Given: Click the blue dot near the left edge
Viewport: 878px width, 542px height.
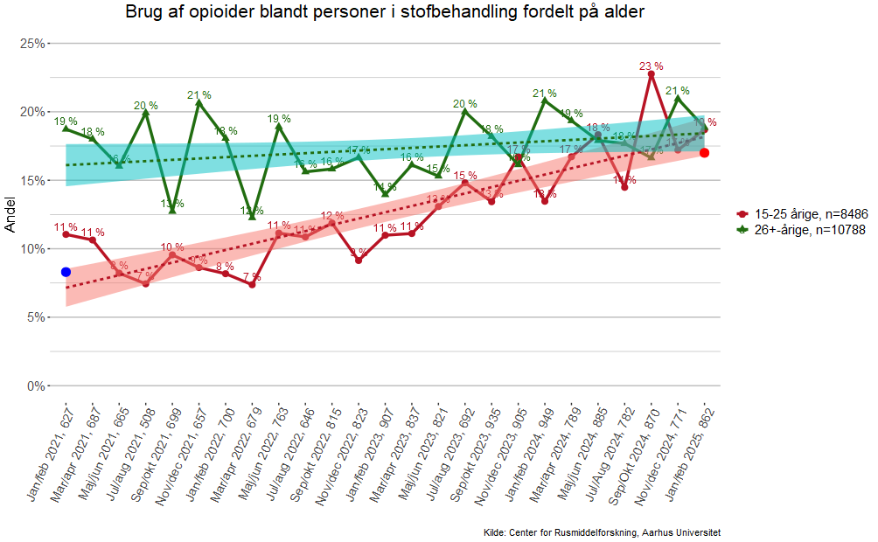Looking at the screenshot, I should pyautogui.click(x=66, y=272).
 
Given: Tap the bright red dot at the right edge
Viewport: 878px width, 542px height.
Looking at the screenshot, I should pyautogui.click(x=704, y=153).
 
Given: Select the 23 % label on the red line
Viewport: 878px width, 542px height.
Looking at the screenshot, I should pyautogui.click(x=651, y=66).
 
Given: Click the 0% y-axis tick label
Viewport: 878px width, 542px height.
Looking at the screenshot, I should pyautogui.click(x=36, y=386).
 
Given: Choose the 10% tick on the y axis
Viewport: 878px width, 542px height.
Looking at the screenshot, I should pyautogui.click(x=33, y=248).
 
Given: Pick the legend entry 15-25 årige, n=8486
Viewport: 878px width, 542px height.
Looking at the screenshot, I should pyautogui.click(x=800, y=214).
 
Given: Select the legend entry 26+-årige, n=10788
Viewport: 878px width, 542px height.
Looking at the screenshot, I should pyautogui.click(x=800, y=230).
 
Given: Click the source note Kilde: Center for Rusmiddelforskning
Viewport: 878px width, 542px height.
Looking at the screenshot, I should pyautogui.click(x=602, y=532).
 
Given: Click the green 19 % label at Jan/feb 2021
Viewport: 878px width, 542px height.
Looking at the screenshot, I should pyautogui.click(x=66, y=122).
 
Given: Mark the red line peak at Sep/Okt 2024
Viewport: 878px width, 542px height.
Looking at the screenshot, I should pyautogui.click(x=651, y=74).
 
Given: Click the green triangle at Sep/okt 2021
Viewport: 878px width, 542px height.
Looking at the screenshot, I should pyautogui.click(x=172, y=210).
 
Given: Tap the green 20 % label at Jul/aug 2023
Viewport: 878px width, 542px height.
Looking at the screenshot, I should pyautogui.click(x=465, y=104).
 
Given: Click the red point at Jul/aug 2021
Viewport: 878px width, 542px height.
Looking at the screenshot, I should pyautogui.click(x=145, y=283).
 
